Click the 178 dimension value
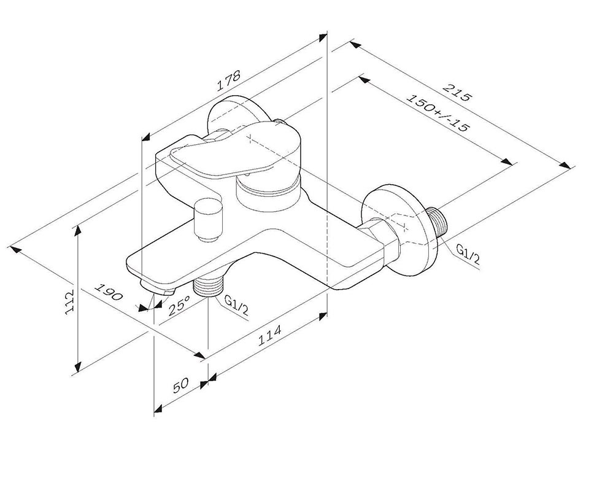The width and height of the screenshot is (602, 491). point(229,80)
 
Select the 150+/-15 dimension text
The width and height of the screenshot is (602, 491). point(438,114)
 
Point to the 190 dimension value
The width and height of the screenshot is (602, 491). point(109,292)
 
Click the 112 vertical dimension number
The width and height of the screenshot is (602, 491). point(69,303)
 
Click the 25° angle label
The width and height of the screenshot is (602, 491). point(179,305)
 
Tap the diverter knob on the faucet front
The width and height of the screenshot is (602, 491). point(209,220)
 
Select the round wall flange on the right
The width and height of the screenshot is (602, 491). point(399,230)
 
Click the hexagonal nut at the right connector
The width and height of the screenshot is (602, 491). point(382,238)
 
